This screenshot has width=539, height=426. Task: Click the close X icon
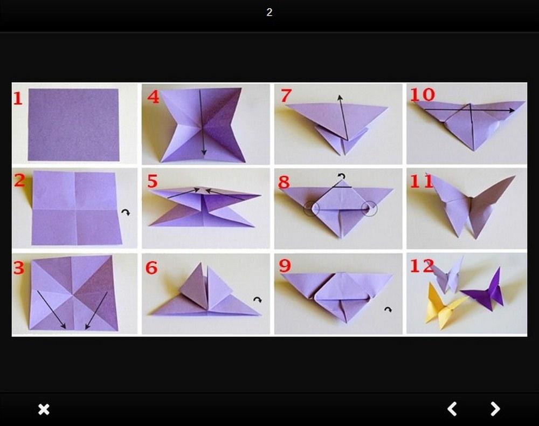44,409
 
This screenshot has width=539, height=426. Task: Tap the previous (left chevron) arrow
452,409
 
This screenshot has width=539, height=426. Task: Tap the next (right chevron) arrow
495,409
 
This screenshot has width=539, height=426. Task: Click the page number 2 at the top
269,12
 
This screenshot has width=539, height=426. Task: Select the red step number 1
18,98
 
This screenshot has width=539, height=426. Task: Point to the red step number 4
153,97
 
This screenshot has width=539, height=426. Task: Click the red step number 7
286,95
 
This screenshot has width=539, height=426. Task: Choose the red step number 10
423,94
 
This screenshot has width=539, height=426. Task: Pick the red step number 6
151,267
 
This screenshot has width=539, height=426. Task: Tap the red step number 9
285,266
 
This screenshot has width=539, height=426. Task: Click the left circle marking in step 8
304,209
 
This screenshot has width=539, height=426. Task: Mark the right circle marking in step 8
377,209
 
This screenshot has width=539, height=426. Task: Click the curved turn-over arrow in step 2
126,212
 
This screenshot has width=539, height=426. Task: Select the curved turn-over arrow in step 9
388,310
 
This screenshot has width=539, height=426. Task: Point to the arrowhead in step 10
512,111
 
